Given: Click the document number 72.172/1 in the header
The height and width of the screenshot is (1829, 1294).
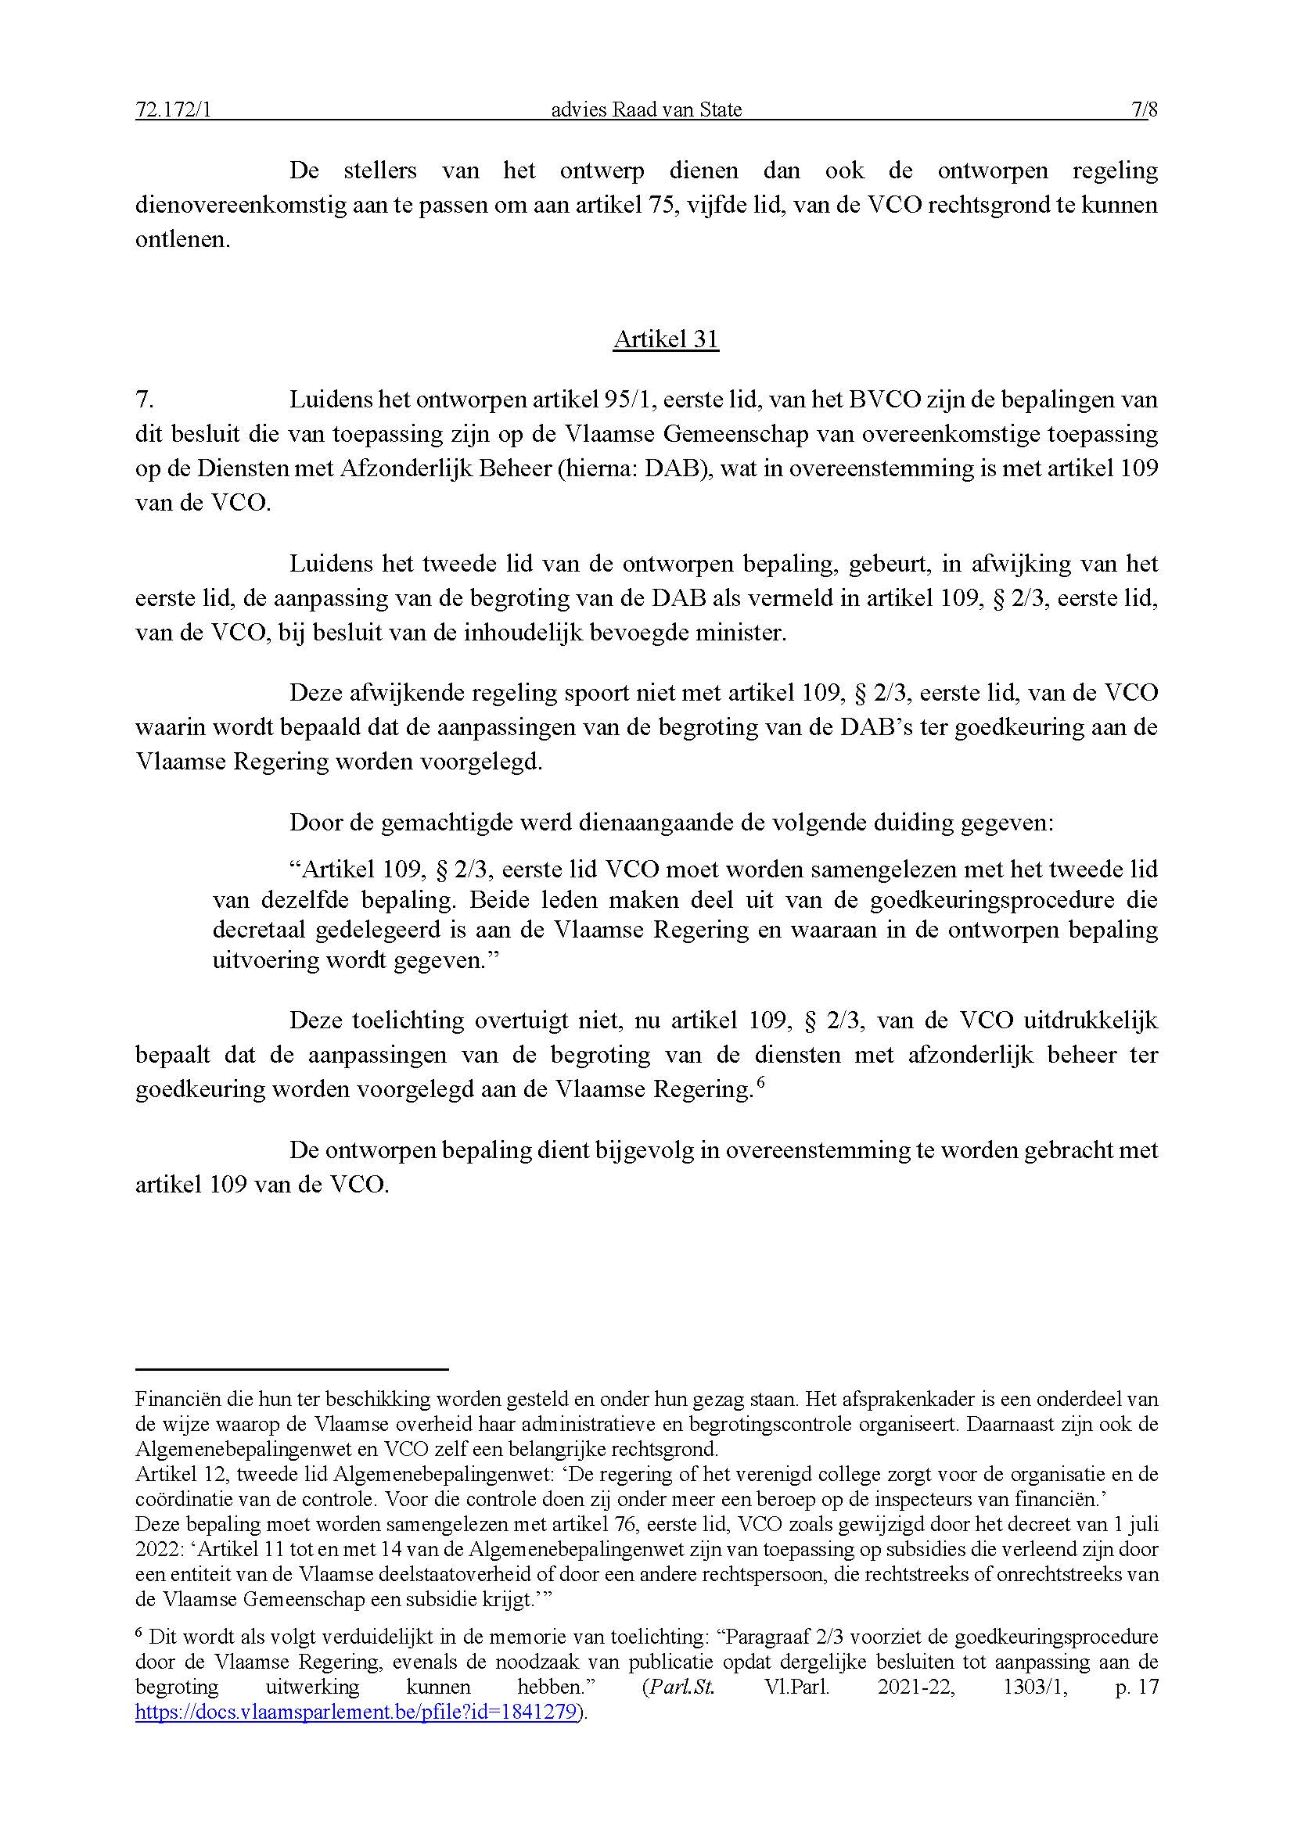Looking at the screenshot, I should [x=173, y=110].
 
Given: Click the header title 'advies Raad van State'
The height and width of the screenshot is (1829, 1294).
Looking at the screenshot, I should [x=646, y=110].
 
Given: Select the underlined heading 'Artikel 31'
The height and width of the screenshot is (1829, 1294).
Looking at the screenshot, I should [x=666, y=339].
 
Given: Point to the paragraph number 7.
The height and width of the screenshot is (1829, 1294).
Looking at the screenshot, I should [x=144, y=399].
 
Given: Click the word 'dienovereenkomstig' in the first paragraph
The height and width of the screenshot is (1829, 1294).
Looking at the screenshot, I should [x=241, y=206].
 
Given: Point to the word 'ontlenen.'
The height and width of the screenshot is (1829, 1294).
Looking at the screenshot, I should [x=182, y=240].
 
